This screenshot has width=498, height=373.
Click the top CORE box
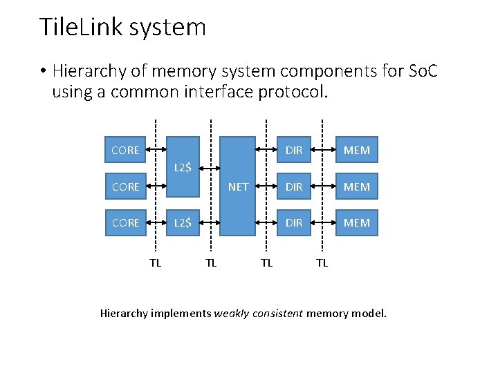click(125, 150)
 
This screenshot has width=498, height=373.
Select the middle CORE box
click(125, 186)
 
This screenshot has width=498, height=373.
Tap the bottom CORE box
click(125, 222)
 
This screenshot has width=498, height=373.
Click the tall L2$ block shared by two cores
click(183, 166)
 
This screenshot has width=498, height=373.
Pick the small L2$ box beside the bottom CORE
click(183, 222)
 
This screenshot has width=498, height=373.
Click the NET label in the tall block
click(238, 186)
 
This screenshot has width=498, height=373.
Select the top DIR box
click(294, 150)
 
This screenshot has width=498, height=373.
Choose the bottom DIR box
click(294, 222)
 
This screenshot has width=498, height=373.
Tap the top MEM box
click(357, 150)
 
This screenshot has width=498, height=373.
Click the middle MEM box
click(357, 186)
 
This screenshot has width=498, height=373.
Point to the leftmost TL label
click(156, 262)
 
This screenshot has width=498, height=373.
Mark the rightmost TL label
click(322, 262)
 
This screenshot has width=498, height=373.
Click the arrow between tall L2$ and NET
click(210, 167)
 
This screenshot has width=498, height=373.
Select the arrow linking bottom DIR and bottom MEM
click(322, 223)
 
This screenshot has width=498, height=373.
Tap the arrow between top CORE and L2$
click(156, 150)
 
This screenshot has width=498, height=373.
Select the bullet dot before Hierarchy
click(43, 72)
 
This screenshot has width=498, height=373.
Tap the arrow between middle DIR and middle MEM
click(322, 186)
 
